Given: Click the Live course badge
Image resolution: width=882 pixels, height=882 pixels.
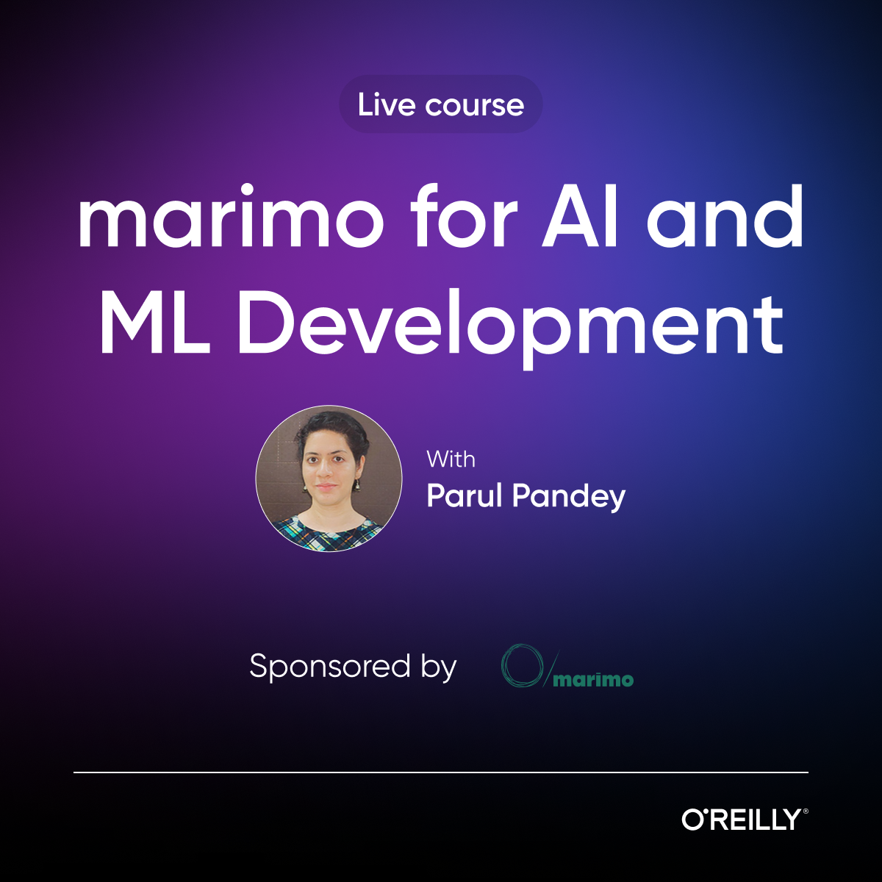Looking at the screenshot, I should [x=440, y=104].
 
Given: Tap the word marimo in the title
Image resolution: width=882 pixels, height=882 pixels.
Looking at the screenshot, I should [x=230, y=218].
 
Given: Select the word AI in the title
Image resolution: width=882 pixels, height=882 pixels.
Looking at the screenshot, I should [x=581, y=218].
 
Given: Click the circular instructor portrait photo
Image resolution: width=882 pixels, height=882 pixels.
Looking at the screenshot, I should [x=329, y=478].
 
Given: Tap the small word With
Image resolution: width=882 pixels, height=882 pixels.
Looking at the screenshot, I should [x=451, y=459].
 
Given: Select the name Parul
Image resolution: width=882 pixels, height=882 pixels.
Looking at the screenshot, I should [x=465, y=496].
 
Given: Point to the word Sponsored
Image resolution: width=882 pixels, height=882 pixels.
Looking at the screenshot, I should [x=330, y=667].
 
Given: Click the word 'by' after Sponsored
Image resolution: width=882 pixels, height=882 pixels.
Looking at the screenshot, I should [x=439, y=668].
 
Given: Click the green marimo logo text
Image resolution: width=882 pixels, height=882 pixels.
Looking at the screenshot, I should [x=593, y=679].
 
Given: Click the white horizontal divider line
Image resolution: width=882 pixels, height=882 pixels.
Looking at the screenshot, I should [x=441, y=772].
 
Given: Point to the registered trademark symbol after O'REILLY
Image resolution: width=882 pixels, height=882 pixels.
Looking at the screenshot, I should [x=806, y=811].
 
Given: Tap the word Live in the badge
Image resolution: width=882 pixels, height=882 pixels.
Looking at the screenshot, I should [x=387, y=105].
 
